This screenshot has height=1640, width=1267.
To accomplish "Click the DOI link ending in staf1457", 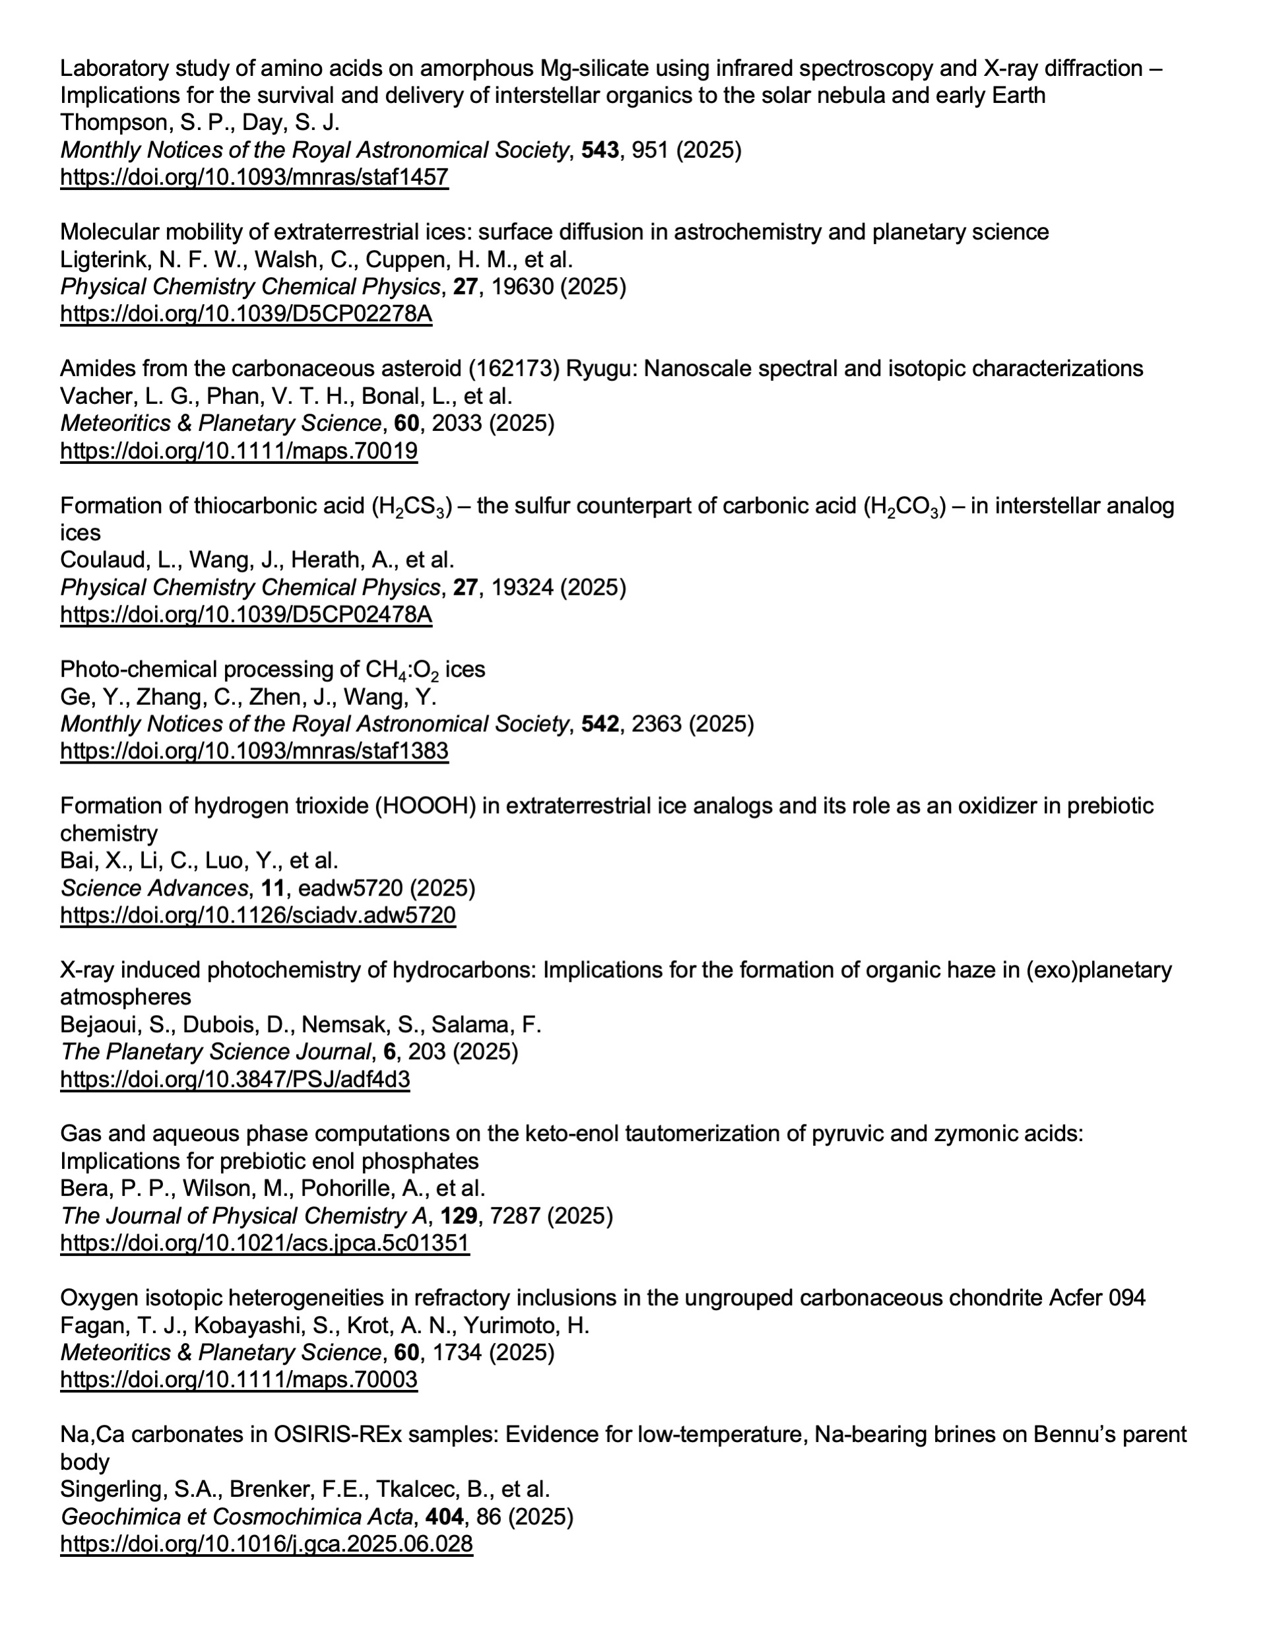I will click(254, 178).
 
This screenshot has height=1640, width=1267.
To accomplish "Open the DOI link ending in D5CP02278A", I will click(245, 314).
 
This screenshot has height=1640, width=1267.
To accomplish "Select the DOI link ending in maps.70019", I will click(238, 451).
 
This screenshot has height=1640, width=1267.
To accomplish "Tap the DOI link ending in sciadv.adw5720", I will click(257, 915).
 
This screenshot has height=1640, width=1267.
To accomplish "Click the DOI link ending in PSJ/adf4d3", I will click(234, 1079).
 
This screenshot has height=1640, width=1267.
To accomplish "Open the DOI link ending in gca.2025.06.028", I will click(266, 1543).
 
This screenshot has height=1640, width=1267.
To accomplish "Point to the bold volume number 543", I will click(600, 150).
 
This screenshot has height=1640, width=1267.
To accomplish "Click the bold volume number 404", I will click(445, 1516).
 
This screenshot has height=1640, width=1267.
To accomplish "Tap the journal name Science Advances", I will click(154, 888).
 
